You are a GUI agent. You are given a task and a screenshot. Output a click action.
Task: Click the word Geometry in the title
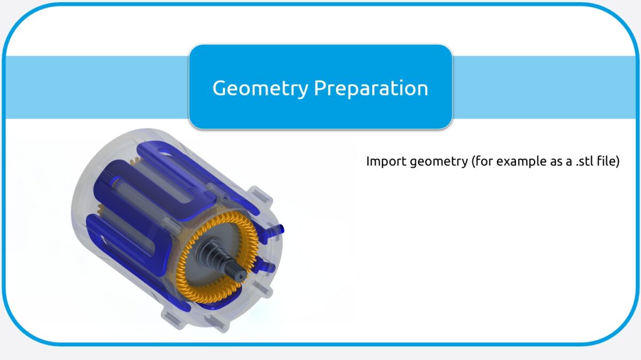(260, 88)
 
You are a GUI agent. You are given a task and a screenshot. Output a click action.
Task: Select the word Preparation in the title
(371, 88)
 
